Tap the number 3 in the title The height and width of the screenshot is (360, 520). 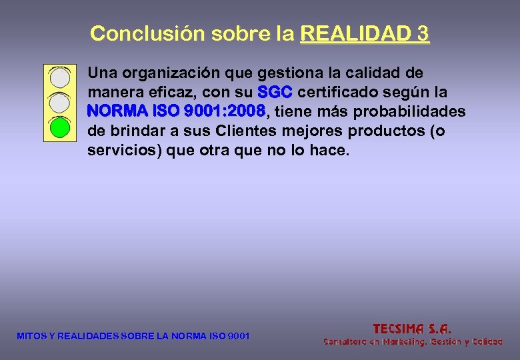422,33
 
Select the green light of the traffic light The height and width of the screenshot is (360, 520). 60,127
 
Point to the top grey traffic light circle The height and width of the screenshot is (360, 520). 60,78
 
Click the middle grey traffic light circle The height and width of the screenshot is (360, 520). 60,102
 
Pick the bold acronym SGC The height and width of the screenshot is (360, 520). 273,91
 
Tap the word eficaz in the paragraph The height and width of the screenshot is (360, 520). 170,91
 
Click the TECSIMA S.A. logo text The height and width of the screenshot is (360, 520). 412,328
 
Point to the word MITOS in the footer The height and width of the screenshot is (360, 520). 30,336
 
